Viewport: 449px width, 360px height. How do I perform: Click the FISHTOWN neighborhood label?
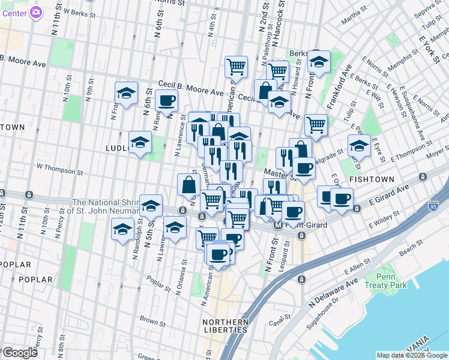click(372, 179)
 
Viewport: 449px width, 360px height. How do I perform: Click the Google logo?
click(20, 353)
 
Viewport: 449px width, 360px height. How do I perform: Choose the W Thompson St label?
click(58, 167)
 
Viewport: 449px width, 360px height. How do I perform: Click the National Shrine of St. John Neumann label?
click(105, 206)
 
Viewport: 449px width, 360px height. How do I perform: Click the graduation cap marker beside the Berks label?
click(319, 61)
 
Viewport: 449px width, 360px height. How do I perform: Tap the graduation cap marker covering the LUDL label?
click(140, 143)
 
